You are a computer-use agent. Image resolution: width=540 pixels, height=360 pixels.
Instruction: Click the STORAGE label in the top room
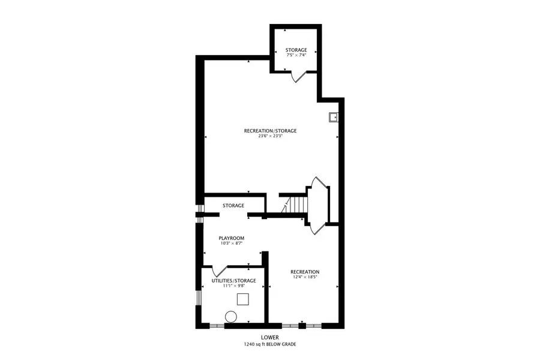[296, 50]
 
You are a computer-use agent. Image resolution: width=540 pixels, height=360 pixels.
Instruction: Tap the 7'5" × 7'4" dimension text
[296, 56]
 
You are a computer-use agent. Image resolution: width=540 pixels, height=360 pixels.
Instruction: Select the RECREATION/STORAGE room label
[270, 131]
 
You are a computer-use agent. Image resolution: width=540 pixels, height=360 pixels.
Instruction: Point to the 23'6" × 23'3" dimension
[270, 136]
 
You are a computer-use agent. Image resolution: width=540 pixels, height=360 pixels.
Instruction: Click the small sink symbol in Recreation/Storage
[333, 117]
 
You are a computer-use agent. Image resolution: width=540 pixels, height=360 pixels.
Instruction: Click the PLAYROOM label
[231, 238]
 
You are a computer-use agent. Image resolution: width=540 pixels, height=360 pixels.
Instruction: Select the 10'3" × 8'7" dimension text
[231, 244]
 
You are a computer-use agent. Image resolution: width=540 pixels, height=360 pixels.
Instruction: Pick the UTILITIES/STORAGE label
[234, 281]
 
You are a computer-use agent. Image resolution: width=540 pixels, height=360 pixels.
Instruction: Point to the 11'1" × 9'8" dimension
[234, 286]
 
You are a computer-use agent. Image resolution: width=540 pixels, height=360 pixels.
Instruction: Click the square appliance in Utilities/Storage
[243, 299]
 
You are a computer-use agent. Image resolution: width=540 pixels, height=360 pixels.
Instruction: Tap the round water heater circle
[230, 316]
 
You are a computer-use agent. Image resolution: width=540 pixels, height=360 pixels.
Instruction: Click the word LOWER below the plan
[270, 338]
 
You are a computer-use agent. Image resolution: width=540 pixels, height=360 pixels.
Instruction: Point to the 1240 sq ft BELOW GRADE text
[270, 344]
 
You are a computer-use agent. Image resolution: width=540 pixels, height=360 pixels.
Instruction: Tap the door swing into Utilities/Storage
[219, 270]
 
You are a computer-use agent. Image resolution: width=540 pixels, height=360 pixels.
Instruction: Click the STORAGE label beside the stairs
[233, 206]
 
